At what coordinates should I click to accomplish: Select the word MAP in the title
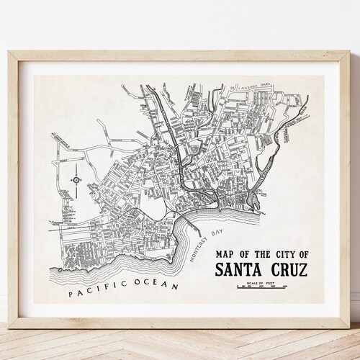coord(222,254)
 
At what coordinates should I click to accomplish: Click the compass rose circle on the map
coord(76,179)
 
